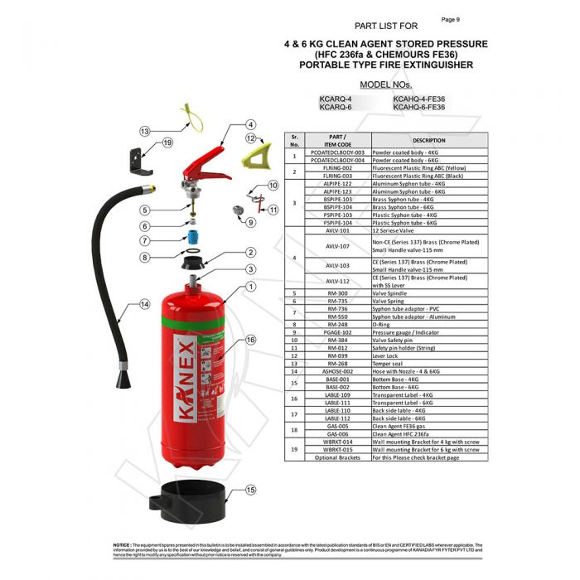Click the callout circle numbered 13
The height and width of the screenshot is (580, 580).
point(144,131)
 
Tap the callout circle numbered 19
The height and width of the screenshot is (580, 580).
point(167,143)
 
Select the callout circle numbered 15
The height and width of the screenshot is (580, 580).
point(251,490)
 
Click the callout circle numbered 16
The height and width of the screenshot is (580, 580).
point(250,340)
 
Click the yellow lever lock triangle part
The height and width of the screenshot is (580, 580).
point(253,154)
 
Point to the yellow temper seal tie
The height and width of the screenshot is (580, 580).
point(191,117)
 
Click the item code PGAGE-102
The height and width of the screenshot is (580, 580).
point(337,332)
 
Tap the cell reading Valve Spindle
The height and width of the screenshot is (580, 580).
point(389,293)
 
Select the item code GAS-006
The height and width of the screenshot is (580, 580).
point(337,433)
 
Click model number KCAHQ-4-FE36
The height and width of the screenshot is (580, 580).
point(418,99)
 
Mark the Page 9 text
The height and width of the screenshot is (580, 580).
point(451,19)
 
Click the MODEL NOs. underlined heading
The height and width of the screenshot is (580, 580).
point(385,85)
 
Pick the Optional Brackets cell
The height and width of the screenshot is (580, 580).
point(337,457)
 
